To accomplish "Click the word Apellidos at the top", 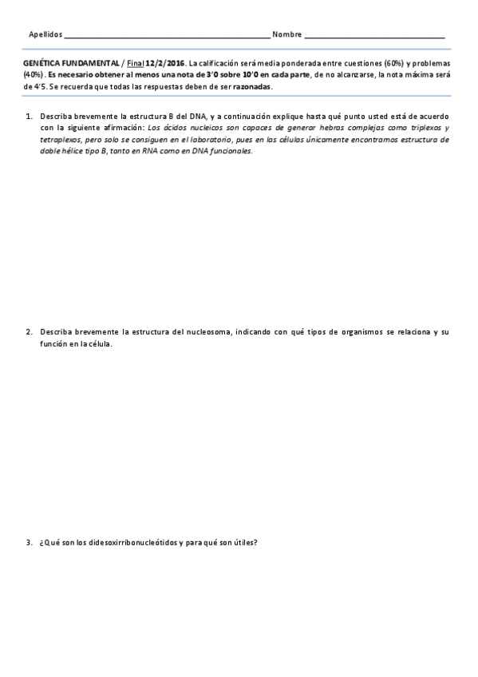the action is pyautogui.click(x=45, y=35).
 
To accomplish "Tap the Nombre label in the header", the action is pyautogui.click(x=287, y=35).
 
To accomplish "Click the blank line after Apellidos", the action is pyautogui.click(x=166, y=37).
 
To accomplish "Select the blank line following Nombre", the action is pyautogui.click(x=374, y=37).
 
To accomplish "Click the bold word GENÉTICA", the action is pyautogui.click(x=42, y=63).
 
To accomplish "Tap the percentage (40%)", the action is pyautogui.click(x=34, y=74).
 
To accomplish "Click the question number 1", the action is pyautogui.click(x=29, y=117).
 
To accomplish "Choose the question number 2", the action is pyautogui.click(x=29, y=331).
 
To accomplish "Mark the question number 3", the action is pyautogui.click(x=29, y=544).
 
